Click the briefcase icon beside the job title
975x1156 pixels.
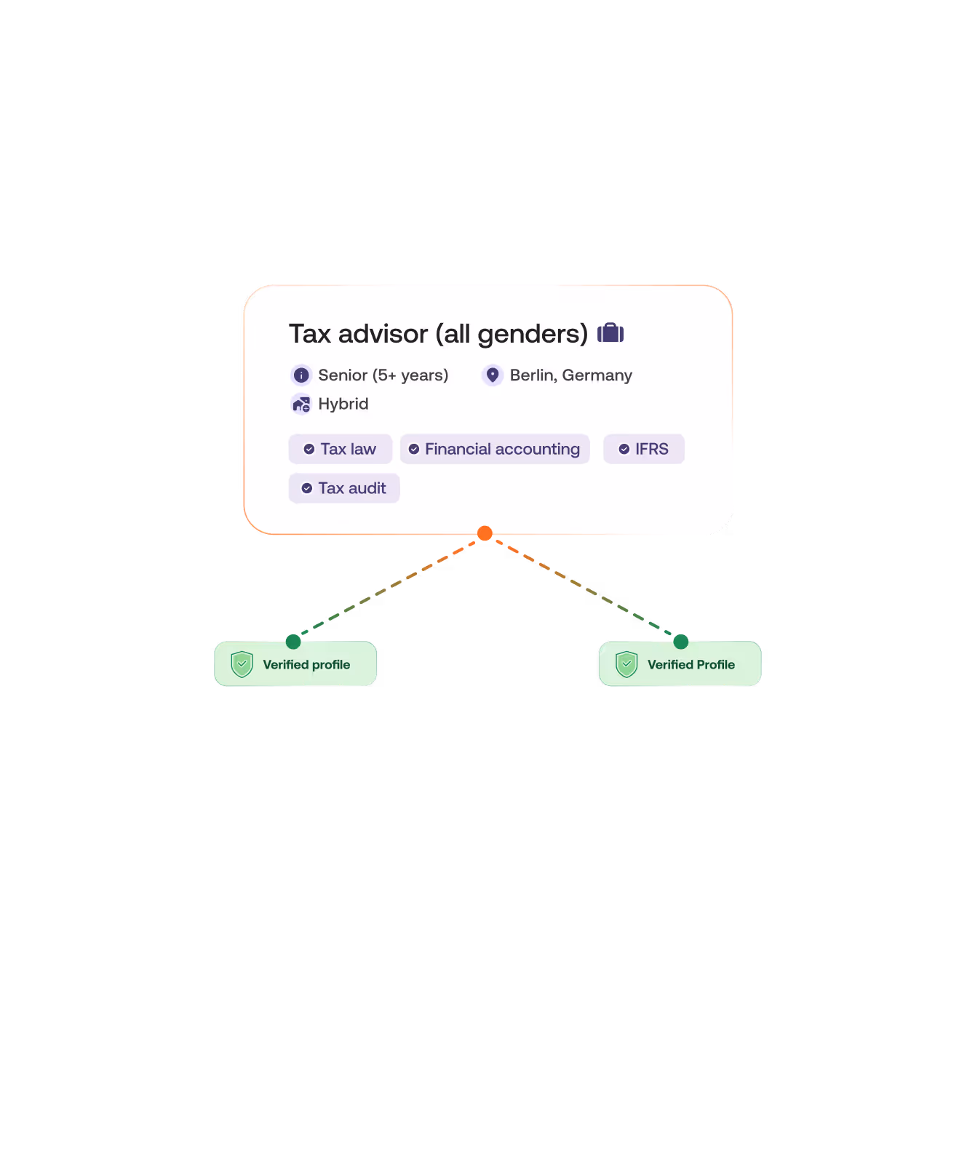(x=610, y=333)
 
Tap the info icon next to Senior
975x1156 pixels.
(x=301, y=375)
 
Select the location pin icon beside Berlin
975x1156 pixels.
(x=493, y=375)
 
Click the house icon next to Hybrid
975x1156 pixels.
(x=301, y=404)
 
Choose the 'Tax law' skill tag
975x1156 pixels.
(x=341, y=449)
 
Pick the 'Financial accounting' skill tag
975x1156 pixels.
(x=495, y=449)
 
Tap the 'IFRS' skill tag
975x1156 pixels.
(x=644, y=449)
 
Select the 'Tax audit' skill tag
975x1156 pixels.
(x=344, y=488)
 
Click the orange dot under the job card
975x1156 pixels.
(x=485, y=534)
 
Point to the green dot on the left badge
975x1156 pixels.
(x=293, y=641)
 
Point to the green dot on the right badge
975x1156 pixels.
(x=681, y=641)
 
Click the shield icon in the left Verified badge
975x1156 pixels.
(x=242, y=664)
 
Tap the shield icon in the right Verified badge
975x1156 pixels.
(x=626, y=664)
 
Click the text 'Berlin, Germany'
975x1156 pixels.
(x=571, y=375)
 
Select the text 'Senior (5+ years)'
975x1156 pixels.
(x=383, y=375)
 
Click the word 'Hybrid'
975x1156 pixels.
(x=343, y=404)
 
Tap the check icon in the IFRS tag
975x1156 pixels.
(x=624, y=449)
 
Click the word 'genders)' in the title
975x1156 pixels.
(x=533, y=334)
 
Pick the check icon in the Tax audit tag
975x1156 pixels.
(x=307, y=488)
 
